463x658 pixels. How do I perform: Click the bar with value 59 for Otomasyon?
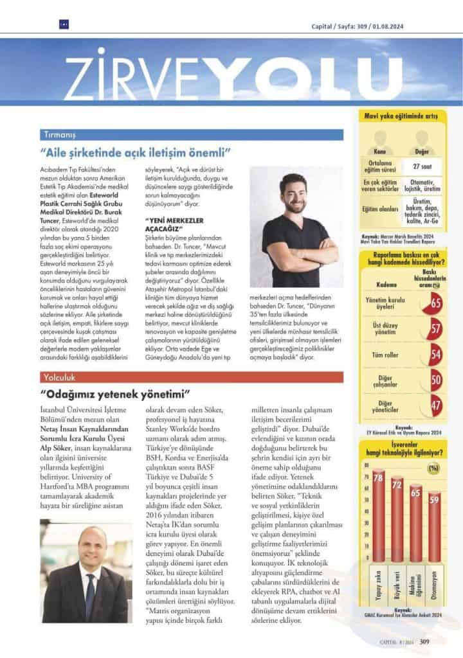tap(435, 530)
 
